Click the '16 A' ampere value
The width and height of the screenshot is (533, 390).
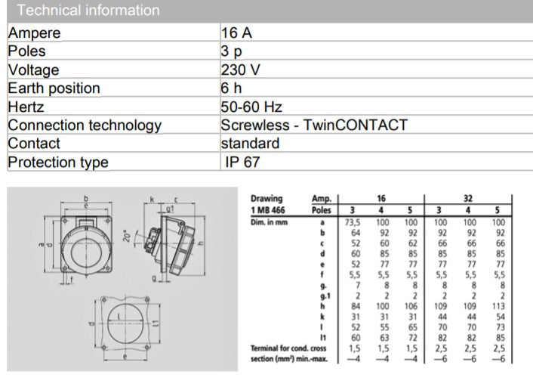tap(236, 33)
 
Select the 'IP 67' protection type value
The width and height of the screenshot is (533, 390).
tap(244, 162)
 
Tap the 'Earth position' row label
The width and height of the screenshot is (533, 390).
tap(54, 88)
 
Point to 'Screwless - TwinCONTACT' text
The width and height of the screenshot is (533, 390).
tap(314, 125)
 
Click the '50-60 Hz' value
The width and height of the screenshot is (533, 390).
tap(251, 107)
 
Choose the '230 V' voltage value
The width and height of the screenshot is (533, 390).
tap(241, 70)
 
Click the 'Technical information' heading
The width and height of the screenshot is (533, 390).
tap(88, 11)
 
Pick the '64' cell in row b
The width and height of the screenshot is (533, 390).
tap(353, 234)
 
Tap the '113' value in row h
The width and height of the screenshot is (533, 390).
tap(498, 305)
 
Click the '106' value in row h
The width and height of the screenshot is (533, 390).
tap(410, 305)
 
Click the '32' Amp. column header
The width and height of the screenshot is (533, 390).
tap(469, 199)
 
